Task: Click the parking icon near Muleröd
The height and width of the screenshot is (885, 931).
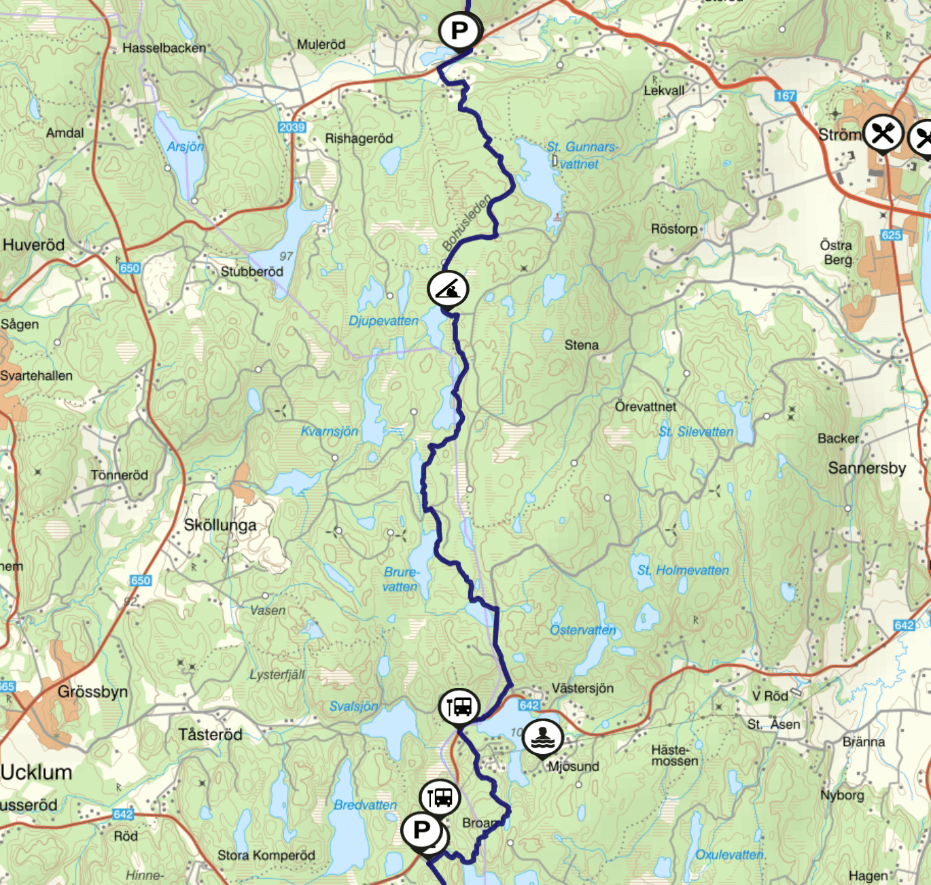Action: click(x=460, y=31)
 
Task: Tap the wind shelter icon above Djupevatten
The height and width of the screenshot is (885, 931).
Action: click(x=448, y=290)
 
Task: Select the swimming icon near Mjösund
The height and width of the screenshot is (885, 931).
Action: click(x=542, y=737)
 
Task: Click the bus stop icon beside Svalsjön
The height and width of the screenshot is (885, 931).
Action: click(x=459, y=707)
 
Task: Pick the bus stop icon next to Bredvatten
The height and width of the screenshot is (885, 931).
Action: click(x=440, y=797)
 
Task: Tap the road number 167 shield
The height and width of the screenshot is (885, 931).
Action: click(x=785, y=96)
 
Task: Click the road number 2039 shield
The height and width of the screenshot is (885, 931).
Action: click(x=292, y=127)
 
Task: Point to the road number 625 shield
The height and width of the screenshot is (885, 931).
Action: click(x=891, y=235)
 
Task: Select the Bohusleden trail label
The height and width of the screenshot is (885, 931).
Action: click(x=466, y=222)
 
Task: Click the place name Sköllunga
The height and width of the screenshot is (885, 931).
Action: click(x=220, y=525)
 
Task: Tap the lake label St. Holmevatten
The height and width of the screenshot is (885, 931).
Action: click(x=683, y=570)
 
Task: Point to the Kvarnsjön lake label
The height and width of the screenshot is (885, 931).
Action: click(x=330, y=431)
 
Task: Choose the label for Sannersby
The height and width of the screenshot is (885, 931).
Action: click(x=866, y=468)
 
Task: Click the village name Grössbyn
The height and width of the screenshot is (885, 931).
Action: click(x=92, y=692)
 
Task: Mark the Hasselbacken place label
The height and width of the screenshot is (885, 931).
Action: click(x=164, y=48)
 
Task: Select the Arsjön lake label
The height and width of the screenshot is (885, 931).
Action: click(x=186, y=147)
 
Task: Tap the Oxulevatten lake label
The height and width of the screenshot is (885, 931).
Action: click(x=730, y=854)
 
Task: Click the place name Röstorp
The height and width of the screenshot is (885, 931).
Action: click(x=674, y=229)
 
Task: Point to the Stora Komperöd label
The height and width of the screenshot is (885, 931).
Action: click(x=266, y=855)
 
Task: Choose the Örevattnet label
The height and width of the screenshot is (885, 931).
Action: click(x=646, y=406)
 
